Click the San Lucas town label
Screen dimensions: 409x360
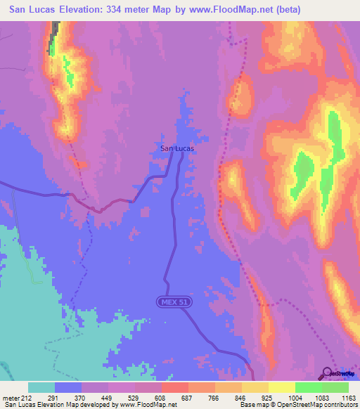tap(176, 148)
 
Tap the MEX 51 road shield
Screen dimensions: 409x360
tap(174, 301)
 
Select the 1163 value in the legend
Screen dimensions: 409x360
tap(348, 396)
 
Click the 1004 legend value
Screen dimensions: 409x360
tap(295, 396)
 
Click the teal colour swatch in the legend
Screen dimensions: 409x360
tap(41, 387)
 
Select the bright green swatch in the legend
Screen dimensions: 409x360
tap(308, 387)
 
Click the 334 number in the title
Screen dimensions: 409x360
tap(124, 10)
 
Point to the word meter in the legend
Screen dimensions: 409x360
tap(11, 396)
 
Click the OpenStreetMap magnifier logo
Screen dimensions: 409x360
tap(328, 372)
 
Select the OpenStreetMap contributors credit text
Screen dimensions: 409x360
tap(321, 405)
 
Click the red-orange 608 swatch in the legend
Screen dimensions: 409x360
tap(174, 387)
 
